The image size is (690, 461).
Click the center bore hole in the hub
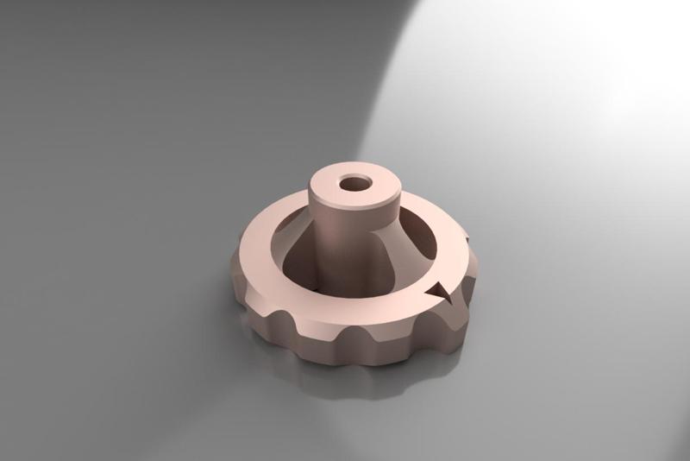pyautogui.click(x=352, y=184)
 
